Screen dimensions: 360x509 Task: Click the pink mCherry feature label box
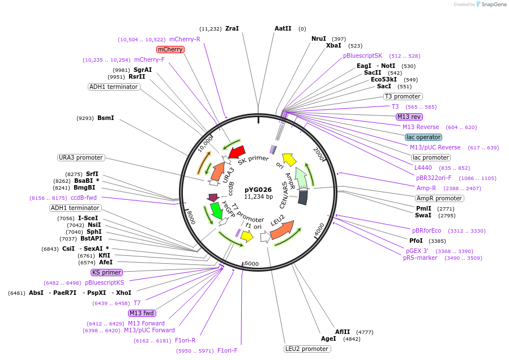pyautogui.click(x=170, y=50)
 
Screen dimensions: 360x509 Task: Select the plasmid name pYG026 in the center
pyautogui.click(x=258, y=190)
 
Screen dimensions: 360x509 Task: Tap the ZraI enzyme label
pyautogui.click(x=232, y=28)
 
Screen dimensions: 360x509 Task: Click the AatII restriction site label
pyautogui.click(x=283, y=28)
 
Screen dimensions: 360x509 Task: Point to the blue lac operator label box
pyautogui.click(x=424, y=137)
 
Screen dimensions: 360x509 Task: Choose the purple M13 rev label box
pyautogui.click(x=409, y=117)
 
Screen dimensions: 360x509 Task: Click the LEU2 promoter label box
pyautogui.click(x=306, y=349)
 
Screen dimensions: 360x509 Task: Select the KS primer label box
pyautogui.click(x=106, y=272)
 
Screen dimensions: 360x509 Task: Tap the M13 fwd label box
pyautogui.click(x=142, y=313)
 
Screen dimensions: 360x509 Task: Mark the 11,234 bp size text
pyautogui.click(x=258, y=197)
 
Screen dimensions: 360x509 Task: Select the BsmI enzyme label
pyautogui.click(x=106, y=118)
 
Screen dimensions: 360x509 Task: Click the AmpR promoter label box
pyautogui.click(x=439, y=198)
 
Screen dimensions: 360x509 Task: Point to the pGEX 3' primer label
pyautogui.click(x=417, y=250)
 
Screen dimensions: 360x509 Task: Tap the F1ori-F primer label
pyautogui.click(x=228, y=350)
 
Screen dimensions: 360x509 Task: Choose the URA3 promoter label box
pyautogui.click(x=81, y=157)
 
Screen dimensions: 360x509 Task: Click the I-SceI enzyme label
pyautogui.click(x=88, y=218)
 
